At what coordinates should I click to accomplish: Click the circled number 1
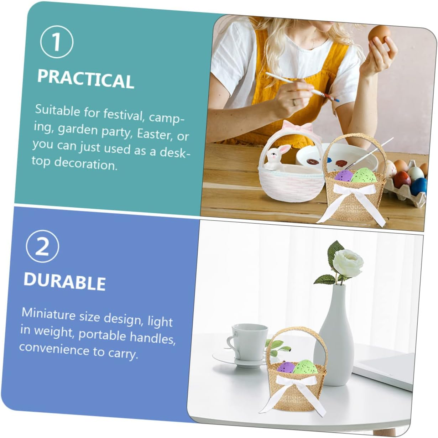(57, 42)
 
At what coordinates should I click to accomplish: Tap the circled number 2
(42, 247)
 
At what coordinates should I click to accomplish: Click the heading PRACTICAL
(85, 79)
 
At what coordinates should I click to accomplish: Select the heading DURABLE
(64, 281)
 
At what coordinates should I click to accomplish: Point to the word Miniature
(48, 314)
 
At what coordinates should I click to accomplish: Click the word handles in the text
(152, 338)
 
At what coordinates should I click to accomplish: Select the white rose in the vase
(348, 263)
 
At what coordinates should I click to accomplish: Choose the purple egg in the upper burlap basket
(343, 176)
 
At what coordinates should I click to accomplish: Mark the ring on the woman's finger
(294, 102)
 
